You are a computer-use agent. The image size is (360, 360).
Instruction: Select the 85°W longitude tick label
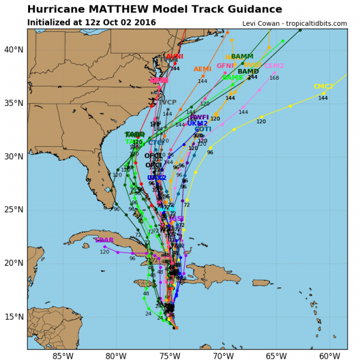pyautogui.click(x=62, y=355)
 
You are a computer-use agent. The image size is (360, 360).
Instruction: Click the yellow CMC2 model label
pyautogui.click(x=323, y=87)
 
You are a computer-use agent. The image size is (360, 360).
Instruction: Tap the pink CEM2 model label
pyautogui.click(x=274, y=66)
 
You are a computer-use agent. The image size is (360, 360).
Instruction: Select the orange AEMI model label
pyautogui.click(x=202, y=70)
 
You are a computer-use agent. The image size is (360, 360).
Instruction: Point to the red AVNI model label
pyautogui.click(x=175, y=56)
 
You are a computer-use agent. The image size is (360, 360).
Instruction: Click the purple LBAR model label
pyautogui.click(x=104, y=240)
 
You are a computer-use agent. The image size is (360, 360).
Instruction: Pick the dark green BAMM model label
pyautogui.click(x=242, y=56)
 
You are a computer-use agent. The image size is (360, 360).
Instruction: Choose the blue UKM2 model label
pyautogui.click(x=197, y=124)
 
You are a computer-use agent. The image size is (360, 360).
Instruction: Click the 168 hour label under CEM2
pyautogui.click(x=274, y=78)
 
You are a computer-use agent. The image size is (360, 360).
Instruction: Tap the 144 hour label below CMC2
pyautogui.click(x=323, y=98)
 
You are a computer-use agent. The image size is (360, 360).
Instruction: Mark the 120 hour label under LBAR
pyautogui.click(x=104, y=252)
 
